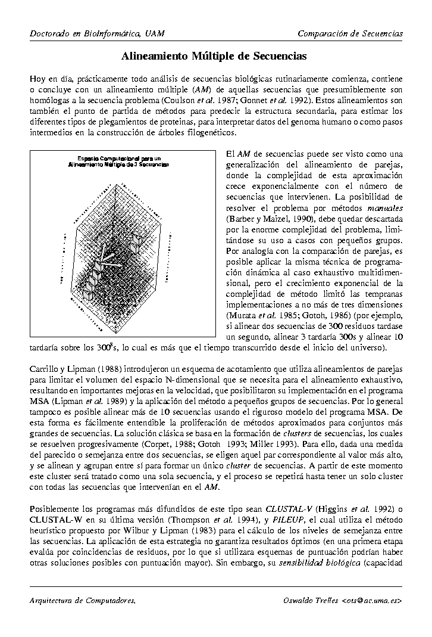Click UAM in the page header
(154, 33)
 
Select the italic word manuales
(385, 208)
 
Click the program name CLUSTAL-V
(289, 509)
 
